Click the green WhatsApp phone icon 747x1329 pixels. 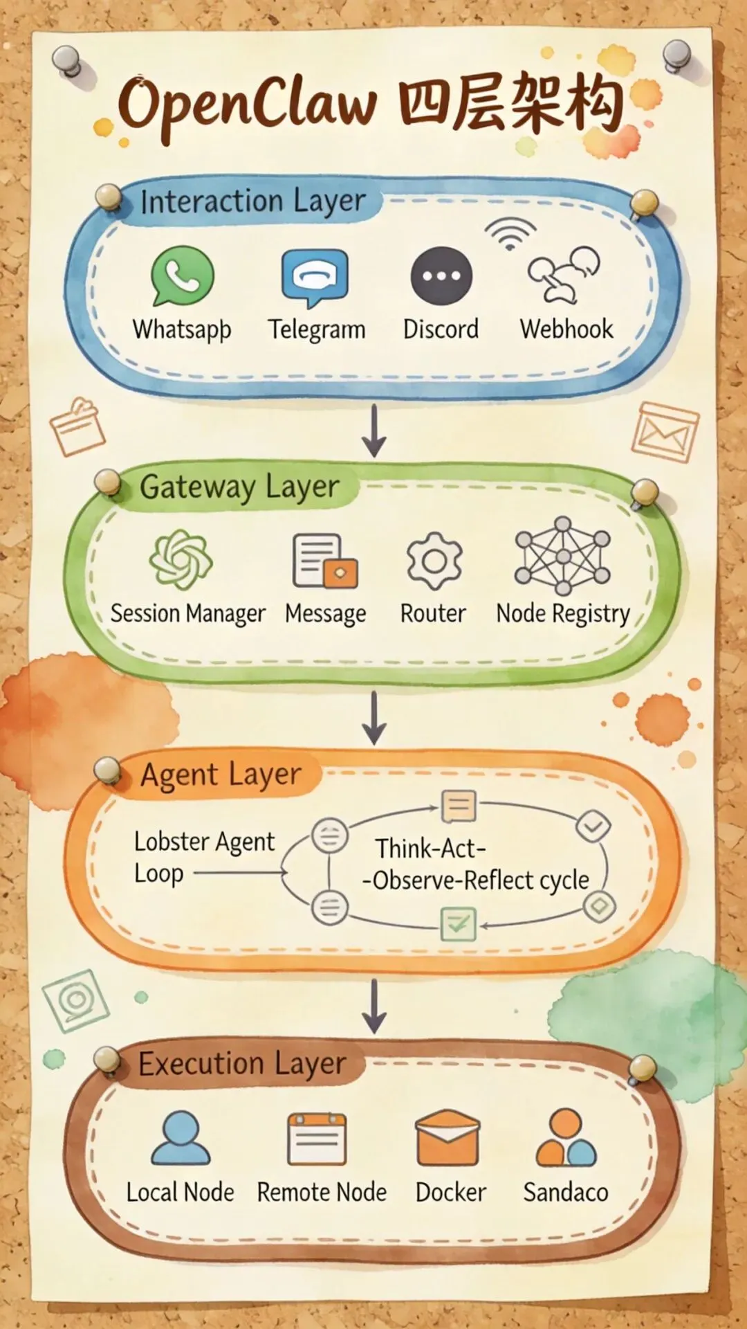click(182, 276)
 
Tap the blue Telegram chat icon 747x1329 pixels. click(315, 277)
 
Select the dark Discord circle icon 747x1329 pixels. click(441, 275)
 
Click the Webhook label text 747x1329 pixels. click(566, 329)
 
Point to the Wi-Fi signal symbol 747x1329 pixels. click(510, 234)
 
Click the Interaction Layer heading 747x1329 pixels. click(252, 201)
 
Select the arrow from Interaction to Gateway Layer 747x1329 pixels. click(374, 431)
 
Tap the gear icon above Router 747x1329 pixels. click(434, 561)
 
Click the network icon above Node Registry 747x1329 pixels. click(563, 556)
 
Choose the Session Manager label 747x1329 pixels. click(187, 613)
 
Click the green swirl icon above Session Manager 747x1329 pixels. click(181, 559)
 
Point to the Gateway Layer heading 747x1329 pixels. click(239, 487)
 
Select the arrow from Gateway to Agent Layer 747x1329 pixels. click(374, 718)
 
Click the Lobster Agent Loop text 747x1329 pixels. click(204, 857)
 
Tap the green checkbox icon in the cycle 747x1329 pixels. click(459, 923)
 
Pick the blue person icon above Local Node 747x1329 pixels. click(181, 1138)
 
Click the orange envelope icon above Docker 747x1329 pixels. click(448, 1138)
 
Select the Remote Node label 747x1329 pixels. click(322, 1192)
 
